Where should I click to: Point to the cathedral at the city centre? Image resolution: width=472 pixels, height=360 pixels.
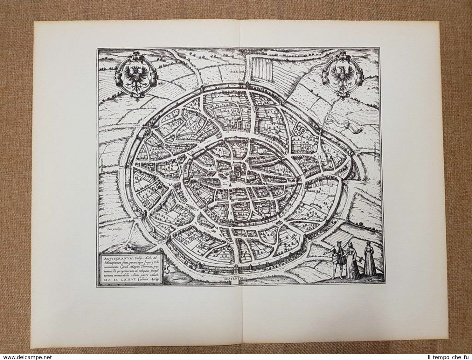click(x=236, y=172)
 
